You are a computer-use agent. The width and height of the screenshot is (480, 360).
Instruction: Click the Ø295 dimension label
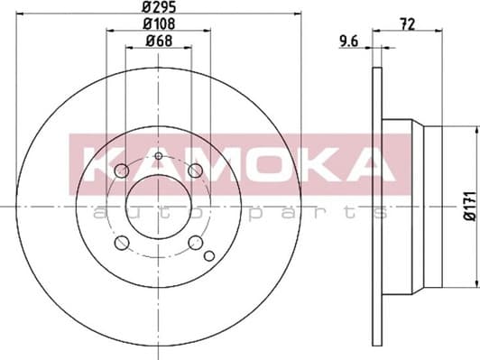pos(159,6)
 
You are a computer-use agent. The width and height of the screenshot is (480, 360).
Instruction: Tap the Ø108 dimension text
pos(159,23)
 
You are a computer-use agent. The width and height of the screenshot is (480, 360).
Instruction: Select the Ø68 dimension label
pos(159,41)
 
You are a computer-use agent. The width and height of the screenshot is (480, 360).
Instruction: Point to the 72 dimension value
pos(408,24)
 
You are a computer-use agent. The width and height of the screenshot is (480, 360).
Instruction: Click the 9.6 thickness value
pos(349,41)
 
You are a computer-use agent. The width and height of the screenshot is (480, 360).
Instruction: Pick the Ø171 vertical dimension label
pos(470,206)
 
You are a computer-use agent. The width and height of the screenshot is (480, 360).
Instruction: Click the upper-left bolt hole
pos(122,171)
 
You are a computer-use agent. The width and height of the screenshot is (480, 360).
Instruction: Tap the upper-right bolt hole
pos(195,171)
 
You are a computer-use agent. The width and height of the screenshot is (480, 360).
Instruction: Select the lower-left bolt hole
pos(122,243)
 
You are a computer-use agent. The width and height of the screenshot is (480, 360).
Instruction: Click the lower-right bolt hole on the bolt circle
pos(195,243)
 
